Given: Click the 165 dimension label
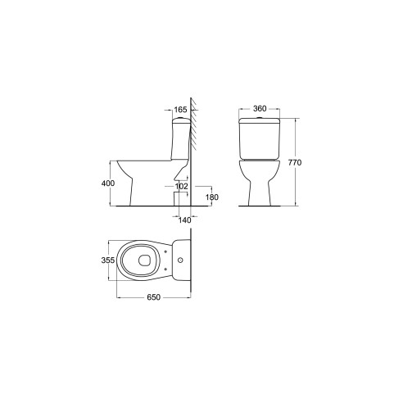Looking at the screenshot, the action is [180, 110].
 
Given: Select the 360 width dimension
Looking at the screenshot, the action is [260, 108].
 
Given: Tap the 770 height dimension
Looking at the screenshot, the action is [295, 162].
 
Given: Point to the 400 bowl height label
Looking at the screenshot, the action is [108, 183].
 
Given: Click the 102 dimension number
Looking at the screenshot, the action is [182, 186].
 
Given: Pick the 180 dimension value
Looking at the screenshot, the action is [212, 197].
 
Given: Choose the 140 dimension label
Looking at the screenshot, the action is [185, 220].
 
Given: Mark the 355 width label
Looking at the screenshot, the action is [108, 260].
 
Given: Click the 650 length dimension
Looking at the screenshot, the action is [154, 297].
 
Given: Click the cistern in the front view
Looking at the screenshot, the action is [260, 138].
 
